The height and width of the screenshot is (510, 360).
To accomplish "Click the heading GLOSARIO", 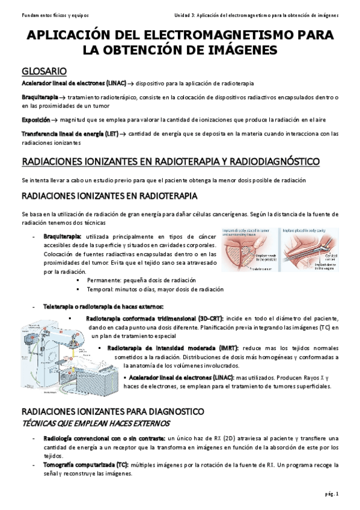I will [x=44, y=70].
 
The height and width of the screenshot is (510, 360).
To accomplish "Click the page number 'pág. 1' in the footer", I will [x=331, y=494].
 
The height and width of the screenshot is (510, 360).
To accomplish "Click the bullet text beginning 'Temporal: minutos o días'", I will [x=155, y=289].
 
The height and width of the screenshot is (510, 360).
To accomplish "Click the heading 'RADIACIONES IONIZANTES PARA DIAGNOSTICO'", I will [x=112, y=411].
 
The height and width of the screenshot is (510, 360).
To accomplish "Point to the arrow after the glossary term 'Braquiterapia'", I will [x=63, y=97].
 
